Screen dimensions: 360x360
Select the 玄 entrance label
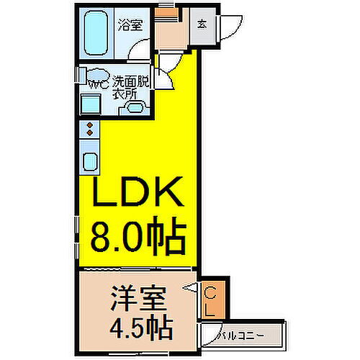[203, 22]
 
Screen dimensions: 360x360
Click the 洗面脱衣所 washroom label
[130, 88]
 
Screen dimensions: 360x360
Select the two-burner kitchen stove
[89, 130]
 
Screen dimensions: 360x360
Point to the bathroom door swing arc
[140, 52]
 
